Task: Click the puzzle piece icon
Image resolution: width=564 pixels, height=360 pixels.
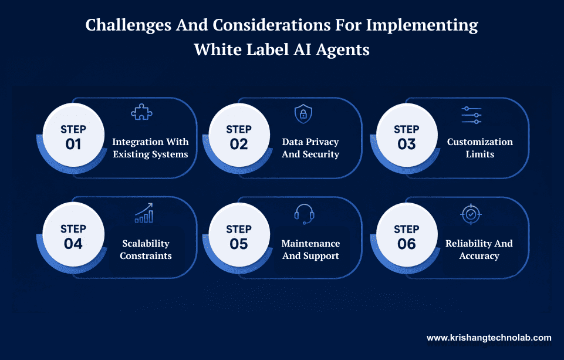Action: coord(142,112)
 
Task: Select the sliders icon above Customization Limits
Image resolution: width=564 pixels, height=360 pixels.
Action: coord(471,115)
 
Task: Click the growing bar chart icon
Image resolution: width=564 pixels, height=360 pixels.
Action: coord(144,213)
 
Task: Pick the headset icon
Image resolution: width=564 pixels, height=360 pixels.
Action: coord(304,214)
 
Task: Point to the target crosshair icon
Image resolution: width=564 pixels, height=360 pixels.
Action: coord(471,214)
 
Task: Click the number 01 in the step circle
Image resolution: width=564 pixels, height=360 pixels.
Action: coord(73,144)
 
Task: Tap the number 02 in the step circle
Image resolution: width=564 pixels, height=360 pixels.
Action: coord(239,144)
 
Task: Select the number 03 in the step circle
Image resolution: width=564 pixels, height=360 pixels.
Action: coord(406,144)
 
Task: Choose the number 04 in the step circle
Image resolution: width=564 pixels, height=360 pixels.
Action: coord(73,243)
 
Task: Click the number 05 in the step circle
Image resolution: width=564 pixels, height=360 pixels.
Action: coord(239,243)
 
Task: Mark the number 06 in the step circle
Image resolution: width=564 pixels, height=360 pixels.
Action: coord(406,243)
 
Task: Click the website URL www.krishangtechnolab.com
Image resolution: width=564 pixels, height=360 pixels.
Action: coord(489,338)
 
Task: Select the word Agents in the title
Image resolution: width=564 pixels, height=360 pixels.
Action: coord(343,49)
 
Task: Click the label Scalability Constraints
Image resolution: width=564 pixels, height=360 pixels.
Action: coord(146,250)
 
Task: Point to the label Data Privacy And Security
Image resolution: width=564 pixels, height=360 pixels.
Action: coord(310,148)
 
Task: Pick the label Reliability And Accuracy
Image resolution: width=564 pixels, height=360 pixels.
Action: coord(479,250)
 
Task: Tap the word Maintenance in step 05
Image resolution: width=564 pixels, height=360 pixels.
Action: coord(310,243)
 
